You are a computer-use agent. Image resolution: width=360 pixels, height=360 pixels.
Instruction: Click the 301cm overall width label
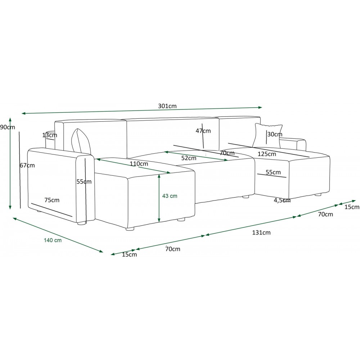(167, 106)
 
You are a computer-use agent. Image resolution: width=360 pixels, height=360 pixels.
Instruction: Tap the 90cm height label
(7, 127)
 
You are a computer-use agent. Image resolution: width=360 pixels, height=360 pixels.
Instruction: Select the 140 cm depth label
(53, 240)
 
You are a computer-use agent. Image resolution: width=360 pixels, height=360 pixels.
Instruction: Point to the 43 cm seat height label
(170, 196)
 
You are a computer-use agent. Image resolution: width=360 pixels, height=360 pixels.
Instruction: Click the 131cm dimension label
(261, 233)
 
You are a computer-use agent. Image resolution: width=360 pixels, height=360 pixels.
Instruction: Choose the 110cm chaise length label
(139, 164)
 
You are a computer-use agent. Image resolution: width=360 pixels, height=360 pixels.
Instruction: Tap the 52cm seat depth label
(189, 158)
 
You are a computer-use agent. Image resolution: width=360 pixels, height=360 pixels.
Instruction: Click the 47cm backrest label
(203, 131)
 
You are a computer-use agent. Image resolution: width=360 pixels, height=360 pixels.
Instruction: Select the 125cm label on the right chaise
(266, 154)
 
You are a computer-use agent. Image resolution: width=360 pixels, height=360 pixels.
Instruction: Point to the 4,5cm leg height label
(282, 200)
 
